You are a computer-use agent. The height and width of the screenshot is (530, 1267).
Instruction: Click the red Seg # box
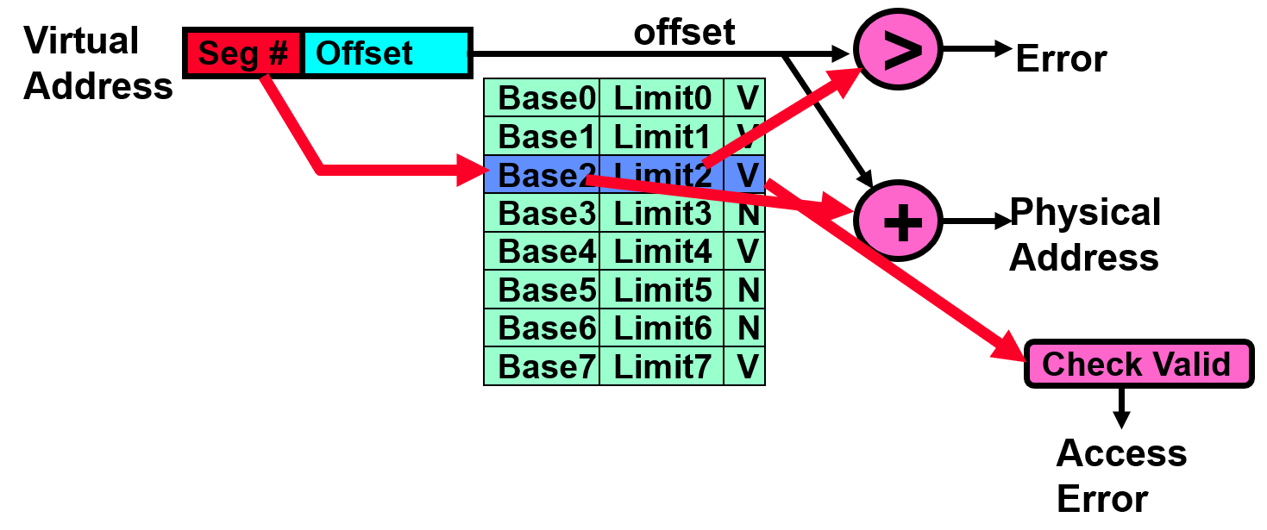(243, 53)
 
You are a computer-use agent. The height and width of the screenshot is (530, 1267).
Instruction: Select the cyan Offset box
(385, 53)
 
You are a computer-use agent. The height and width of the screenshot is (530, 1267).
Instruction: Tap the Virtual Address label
(97, 64)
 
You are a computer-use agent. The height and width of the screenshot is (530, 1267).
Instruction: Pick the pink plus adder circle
(900, 221)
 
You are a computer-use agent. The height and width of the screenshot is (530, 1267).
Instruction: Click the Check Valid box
(1137, 364)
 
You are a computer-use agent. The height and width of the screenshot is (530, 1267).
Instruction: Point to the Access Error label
(1120, 476)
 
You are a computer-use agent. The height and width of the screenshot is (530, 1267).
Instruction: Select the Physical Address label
(1085, 234)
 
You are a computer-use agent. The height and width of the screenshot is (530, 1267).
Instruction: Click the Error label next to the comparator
(1061, 59)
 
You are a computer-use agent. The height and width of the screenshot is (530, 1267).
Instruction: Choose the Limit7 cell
(662, 367)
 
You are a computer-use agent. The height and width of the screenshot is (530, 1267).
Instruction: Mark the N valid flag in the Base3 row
(747, 214)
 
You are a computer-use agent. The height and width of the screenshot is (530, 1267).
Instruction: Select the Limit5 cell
(662, 290)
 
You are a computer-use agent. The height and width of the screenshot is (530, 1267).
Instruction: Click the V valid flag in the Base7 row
(747, 367)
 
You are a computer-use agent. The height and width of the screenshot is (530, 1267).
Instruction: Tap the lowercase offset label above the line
(684, 33)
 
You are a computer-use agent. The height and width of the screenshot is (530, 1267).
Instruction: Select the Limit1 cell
(662, 137)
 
